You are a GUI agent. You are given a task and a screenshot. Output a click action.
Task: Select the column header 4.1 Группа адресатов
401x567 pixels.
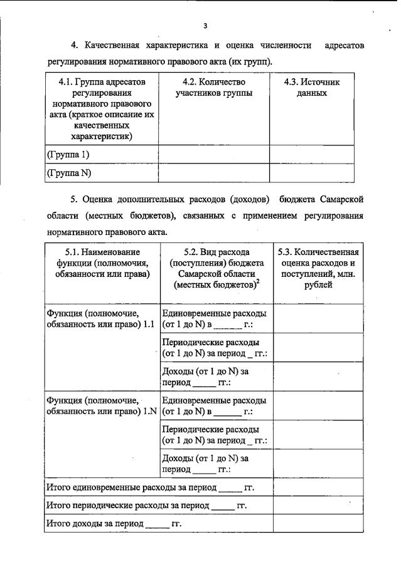pyautogui.click(x=101, y=110)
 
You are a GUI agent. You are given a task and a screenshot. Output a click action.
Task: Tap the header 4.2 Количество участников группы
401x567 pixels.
pyautogui.click(x=213, y=88)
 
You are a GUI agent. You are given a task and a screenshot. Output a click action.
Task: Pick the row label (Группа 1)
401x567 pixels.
pyautogui.click(x=68, y=153)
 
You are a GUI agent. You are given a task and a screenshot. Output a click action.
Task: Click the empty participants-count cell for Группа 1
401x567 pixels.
pyautogui.click(x=213, y=153)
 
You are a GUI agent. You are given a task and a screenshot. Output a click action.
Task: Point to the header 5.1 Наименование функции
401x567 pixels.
pyautogui.click(x=98, y=263)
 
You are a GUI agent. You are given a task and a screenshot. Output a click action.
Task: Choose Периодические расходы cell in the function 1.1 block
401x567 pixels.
pyautogui.click(x=215, y=348)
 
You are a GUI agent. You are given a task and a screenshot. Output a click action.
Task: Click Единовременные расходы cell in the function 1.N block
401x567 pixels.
pyautogui.click(x=215, y=406)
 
